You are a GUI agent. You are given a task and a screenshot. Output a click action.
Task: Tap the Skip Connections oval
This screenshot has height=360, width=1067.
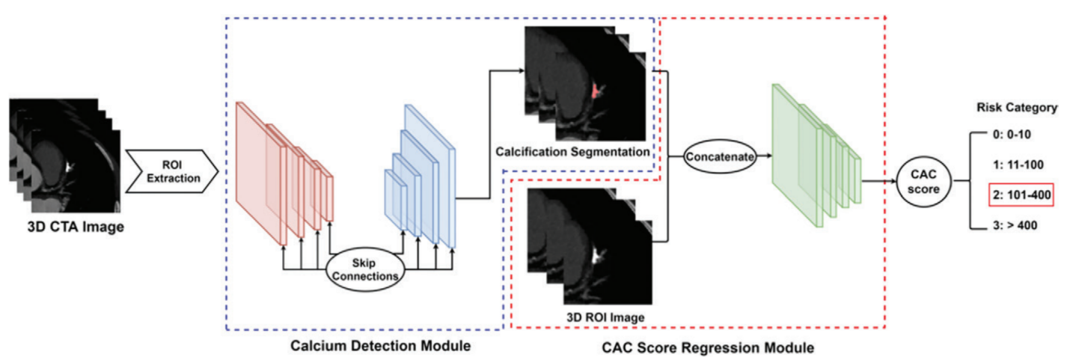(365, 266)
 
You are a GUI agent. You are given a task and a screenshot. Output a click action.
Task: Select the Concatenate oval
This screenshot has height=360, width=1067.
(718, 157)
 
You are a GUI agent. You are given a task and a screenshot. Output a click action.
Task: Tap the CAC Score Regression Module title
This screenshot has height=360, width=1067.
(708, 348)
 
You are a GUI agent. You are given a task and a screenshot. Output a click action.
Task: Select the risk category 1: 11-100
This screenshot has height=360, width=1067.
(1012, 165)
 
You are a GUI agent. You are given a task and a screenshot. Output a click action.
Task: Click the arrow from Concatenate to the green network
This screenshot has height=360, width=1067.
(762, 157)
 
